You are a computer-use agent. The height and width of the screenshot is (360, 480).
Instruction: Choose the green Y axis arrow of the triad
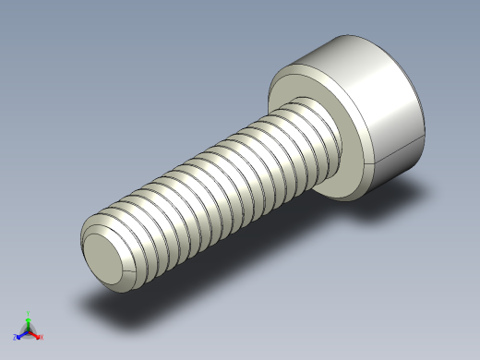29,322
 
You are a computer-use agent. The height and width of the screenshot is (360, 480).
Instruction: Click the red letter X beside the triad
42,337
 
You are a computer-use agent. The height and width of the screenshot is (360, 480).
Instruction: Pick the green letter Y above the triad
29,314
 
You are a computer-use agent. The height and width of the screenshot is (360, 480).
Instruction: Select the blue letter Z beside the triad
15,337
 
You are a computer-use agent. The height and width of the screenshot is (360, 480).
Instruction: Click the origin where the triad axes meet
29,331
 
